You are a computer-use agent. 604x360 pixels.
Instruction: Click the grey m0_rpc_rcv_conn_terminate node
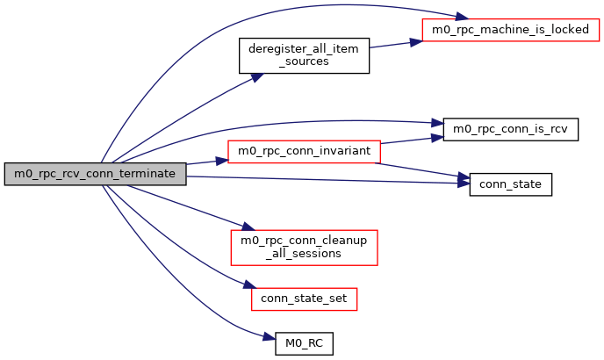point(95,174)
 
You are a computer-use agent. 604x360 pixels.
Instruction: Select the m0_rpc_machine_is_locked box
point(510,29)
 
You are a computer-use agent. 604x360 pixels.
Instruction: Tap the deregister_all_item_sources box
point(304,55)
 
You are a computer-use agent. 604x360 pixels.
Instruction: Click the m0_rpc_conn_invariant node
point(303,151)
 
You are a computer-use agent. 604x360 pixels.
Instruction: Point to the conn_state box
point(511,184)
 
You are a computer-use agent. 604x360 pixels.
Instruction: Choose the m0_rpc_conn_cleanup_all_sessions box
point(303,247)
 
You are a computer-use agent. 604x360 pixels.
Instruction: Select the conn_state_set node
point(304,299)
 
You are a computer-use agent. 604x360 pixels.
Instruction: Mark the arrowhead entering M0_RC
point(270,337)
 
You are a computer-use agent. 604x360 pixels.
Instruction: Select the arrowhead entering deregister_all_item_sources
point(256,77)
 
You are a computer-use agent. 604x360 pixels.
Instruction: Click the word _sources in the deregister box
point(304,62)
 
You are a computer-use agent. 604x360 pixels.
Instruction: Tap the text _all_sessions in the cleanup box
point(303,254)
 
